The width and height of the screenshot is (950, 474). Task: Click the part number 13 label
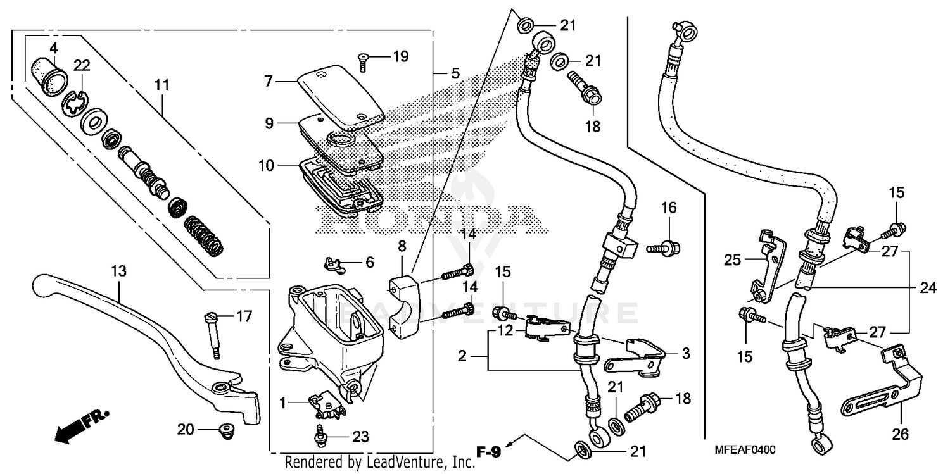118,271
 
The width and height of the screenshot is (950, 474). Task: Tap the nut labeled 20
222,431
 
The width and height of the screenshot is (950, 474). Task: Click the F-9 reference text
488,452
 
